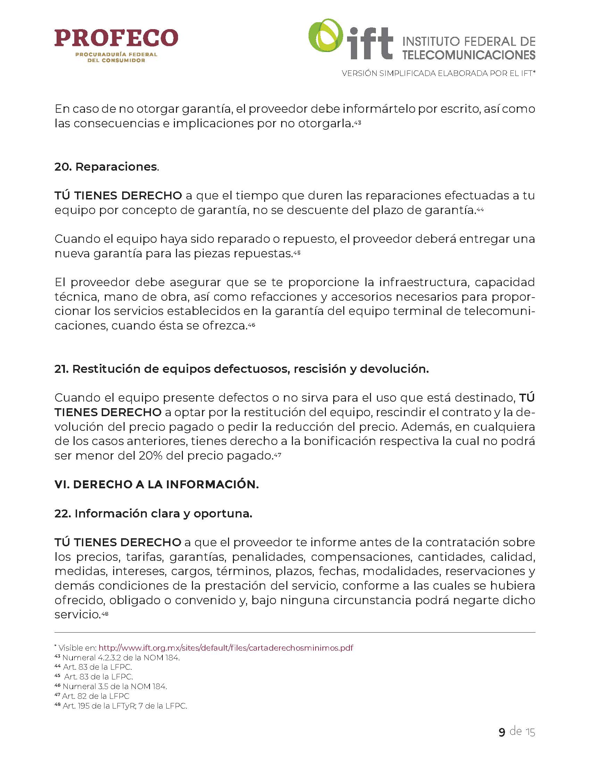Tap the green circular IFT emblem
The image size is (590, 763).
coord(326,36)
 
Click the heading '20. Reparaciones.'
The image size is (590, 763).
coord(107,166)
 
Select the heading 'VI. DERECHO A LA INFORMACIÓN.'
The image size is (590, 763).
coord(156,484)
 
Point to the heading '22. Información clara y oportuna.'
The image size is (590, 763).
coord(153,513)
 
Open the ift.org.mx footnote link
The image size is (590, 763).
coord(226,648)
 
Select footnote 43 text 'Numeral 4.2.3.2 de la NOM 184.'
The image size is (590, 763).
coord(120,658)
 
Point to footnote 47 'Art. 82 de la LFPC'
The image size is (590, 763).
coord(95,696)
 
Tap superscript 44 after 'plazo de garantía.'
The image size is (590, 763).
coord(480,209)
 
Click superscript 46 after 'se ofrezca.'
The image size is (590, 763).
coord(251,325)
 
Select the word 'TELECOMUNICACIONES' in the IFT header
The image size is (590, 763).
coord(469,55)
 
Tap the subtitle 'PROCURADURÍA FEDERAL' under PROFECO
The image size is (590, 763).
coord(116,54)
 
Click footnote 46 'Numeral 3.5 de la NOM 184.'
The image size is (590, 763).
coord(114,686)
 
